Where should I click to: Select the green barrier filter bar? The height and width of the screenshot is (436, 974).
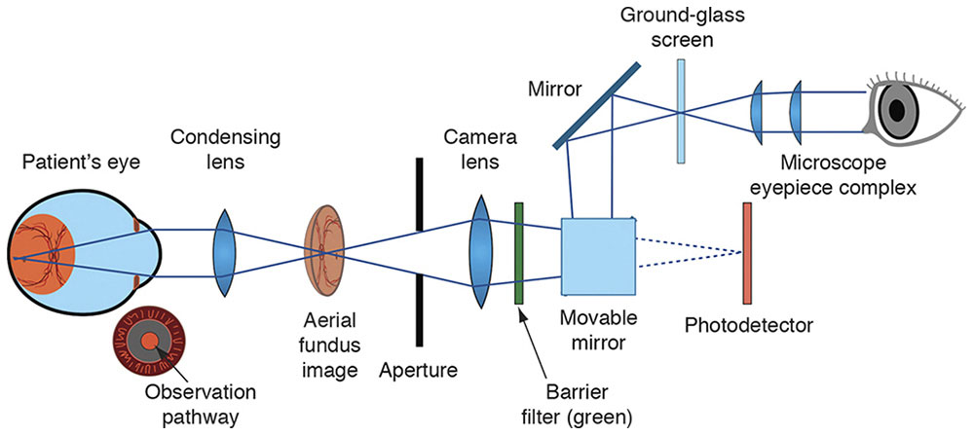[519, 252]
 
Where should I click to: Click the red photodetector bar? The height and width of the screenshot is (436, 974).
[747, 253]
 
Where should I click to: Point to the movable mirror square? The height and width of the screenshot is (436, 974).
[597, 252]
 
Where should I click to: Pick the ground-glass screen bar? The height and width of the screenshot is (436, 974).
[683, 109]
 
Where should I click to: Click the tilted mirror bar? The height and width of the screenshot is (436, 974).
[597, 106]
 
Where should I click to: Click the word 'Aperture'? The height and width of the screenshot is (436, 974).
[417, 370]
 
